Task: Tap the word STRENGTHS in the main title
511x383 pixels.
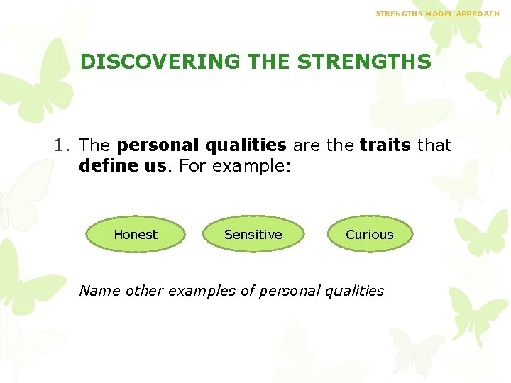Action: pyautogui.click(x=364, y=62)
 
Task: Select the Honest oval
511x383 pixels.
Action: pyautogui.click(x=136, y=235)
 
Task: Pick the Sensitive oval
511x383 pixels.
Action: pyautogui.click(x=253, y=235)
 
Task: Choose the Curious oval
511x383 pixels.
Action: pyautogui.click(x=369, y=235)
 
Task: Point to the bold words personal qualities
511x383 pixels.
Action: pyautogui.click(x=202, y=145)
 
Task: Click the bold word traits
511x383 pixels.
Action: pyautogui.click(x=385, y=145)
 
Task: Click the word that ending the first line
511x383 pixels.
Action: pyautogui.click(x=434, y=145)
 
